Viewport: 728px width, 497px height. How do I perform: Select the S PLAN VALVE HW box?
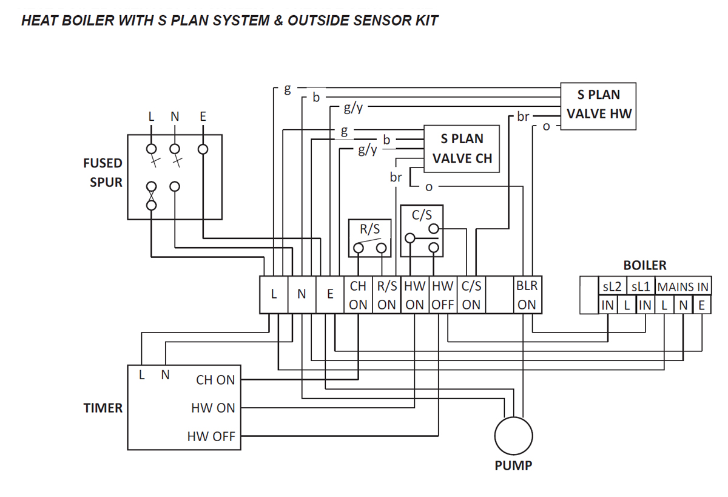click(x=598, y=104)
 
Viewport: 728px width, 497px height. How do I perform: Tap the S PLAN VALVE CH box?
click(x=462, y=149)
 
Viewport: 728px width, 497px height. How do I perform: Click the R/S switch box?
click(x=369, y=238)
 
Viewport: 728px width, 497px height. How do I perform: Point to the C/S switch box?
click(x=422, y=231)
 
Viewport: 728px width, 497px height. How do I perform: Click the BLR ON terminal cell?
click(x=527, y=295)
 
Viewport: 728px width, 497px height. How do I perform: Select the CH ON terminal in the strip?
click(x=358, y=295)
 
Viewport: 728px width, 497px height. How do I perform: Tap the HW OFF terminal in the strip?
click(x=443, y=295)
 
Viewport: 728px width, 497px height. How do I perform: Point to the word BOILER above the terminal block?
click(x=644, y=266)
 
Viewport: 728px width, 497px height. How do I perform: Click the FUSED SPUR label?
click(x=103, y=172)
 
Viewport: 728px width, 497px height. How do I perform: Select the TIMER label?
click(x=103, y=408)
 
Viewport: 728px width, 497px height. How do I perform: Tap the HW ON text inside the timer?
click(x=213, y=408)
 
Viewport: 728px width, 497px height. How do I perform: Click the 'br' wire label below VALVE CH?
click(x=396, y=178)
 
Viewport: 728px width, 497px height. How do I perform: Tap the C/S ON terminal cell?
click(x=471, y=295)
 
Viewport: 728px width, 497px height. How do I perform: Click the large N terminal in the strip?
click(x=302, y=294)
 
